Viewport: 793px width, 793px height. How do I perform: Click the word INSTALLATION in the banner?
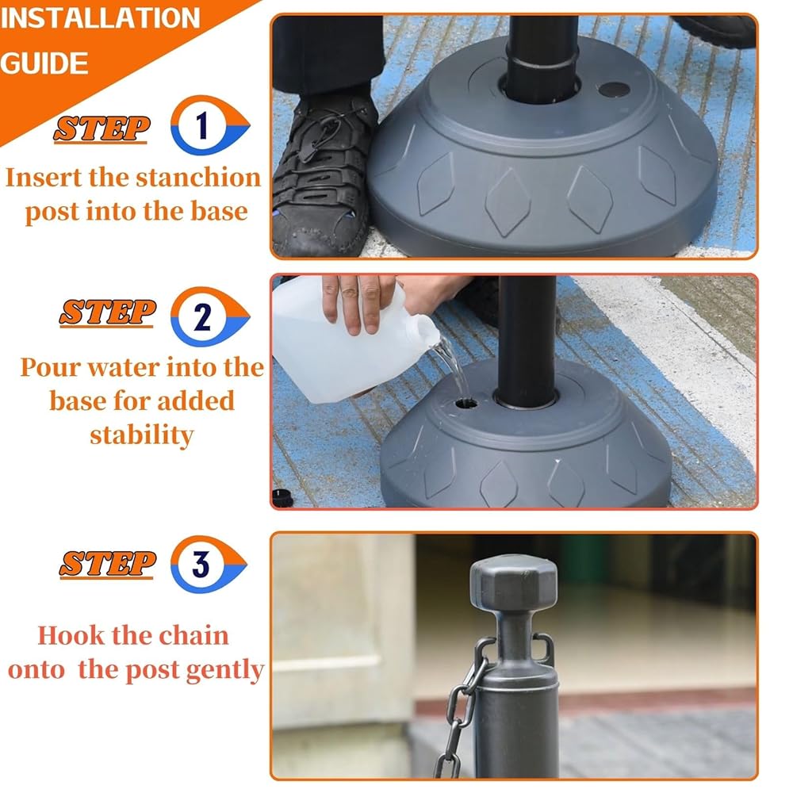point(100,18)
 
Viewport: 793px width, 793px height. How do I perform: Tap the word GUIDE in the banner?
point(44,63)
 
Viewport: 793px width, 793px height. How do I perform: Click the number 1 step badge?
point(209,125)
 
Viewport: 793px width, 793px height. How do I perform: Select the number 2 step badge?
point(209,316)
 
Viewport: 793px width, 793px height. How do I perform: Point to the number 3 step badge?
point(208,564)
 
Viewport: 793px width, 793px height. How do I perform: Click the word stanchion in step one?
point(198,178)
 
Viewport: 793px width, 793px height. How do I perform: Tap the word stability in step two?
point(142,435)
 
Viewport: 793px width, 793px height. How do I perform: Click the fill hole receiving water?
point(465,404)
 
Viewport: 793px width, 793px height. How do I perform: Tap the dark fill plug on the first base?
point(614,90)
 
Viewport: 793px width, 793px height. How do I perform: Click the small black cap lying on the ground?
point(282,498)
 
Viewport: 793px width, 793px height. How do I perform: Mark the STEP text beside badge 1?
point(102,128)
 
